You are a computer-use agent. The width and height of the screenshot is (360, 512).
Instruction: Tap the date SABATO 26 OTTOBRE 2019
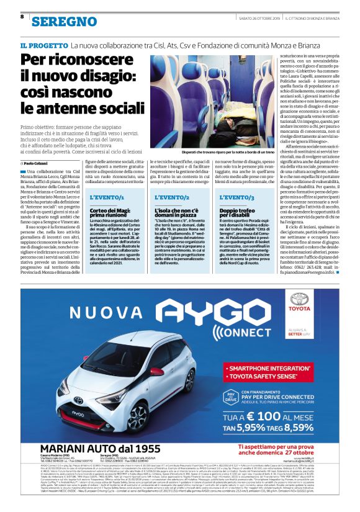click(x=261, y=18)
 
